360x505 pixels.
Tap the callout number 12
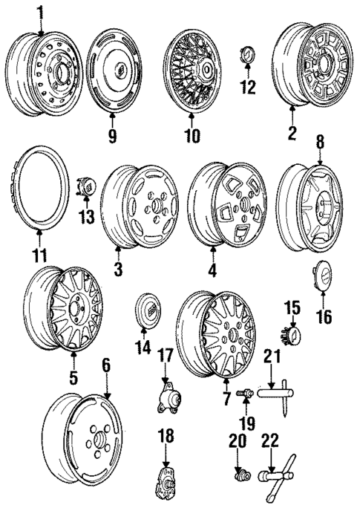pyautogui.click(x=247, y=88)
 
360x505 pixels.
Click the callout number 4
pyautogui.click(x=213, y=270)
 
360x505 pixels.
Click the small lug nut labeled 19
pyautogui.click(x=241, y=393)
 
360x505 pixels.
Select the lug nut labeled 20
pyautogui.click(x=241, y=471)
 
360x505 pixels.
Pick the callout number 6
pyautogui.click(x=106, y=365)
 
